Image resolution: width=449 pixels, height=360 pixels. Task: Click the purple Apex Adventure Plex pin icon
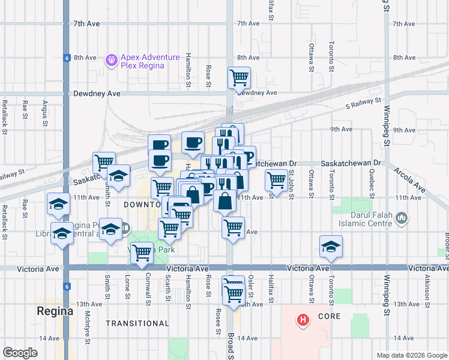[111, 61]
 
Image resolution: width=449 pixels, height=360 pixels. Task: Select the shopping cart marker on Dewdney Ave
[239, 77]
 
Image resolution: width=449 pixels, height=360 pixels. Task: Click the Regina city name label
[55, 311]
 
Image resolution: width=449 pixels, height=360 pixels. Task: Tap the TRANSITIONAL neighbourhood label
[137, 323]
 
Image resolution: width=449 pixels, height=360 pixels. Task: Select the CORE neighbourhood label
[330, 316]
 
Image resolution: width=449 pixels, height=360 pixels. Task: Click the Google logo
[20, 352]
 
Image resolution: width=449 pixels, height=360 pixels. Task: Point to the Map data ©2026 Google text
[411, 355]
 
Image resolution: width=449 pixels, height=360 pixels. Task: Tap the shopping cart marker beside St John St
[276, 179]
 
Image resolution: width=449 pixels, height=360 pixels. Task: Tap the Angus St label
[44, 111]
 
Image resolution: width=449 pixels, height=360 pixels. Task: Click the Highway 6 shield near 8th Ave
[65, 58]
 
